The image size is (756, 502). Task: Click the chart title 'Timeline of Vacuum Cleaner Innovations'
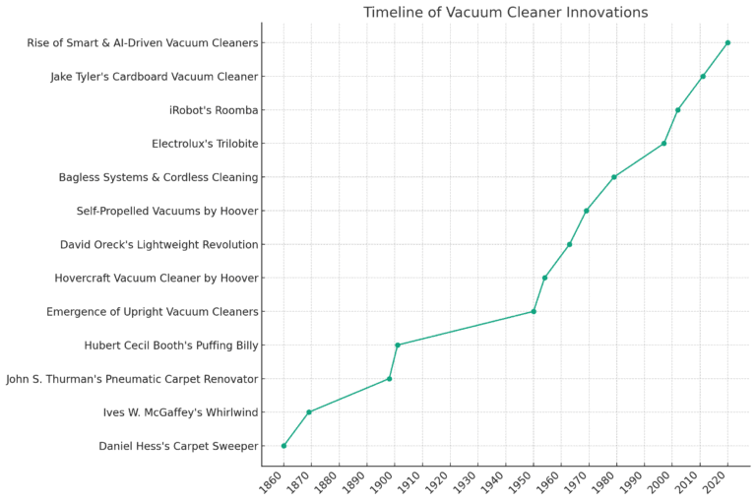point(505,12)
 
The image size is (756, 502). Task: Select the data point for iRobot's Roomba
point(677,109)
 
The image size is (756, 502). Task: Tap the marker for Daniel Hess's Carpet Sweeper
point(283,445)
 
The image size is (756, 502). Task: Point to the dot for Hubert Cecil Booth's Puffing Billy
point(397,345)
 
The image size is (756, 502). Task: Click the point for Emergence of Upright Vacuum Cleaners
point(534,311)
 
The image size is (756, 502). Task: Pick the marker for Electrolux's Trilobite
point(663,143)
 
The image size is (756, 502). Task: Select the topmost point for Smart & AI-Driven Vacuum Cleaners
point(727,42)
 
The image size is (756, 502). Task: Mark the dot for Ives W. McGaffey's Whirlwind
point(309,411)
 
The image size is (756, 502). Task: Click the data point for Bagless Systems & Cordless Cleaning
point(613,177)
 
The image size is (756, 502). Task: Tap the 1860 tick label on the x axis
point(279,484)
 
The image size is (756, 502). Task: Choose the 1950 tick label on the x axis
point(529,484)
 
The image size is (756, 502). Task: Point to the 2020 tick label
point(723,484)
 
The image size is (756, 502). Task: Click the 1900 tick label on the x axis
point(390,484)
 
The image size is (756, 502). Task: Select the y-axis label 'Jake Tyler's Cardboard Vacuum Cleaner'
point(155,77)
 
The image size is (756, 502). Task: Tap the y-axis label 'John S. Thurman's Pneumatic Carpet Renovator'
point(132,379)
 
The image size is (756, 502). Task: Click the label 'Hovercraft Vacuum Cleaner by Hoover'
point(157,279)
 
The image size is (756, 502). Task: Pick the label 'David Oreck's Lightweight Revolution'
point(159,244)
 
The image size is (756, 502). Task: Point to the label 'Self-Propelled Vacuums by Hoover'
point(167,211)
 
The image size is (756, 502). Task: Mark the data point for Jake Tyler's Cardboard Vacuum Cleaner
point(703,76)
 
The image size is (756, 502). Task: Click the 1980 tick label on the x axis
point(611,484)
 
